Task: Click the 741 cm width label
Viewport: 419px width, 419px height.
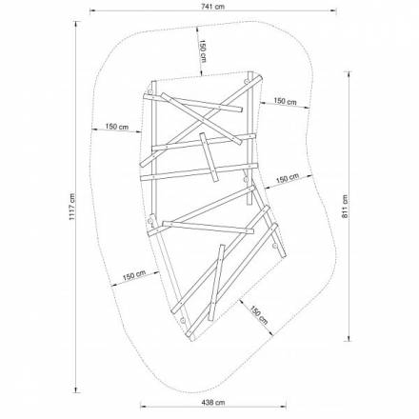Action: (212, 6)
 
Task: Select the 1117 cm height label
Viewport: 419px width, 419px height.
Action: (72, 207)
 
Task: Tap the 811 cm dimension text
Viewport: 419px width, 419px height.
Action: (345, 207)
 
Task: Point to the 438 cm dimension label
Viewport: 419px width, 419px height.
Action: (213, 403)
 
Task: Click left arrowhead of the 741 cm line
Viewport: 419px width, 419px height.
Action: (92, 11)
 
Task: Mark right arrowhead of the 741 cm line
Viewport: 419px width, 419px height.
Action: (334, 11)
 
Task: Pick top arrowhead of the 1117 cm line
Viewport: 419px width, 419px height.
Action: (75, 23)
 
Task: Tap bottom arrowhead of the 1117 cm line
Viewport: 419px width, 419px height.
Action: (75, 390)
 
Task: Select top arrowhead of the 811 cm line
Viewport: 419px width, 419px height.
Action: (349, 74)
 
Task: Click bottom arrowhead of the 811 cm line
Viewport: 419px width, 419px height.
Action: (349, 338)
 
